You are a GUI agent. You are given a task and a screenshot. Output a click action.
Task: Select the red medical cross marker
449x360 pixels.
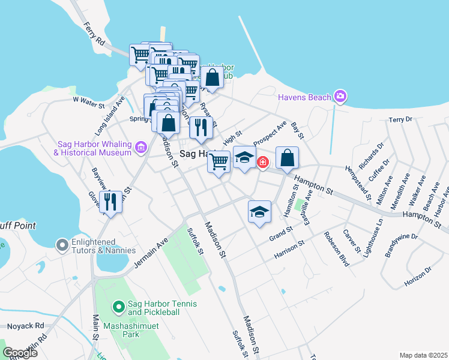[263, 163]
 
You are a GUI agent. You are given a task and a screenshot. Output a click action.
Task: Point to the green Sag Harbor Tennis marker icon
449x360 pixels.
[118, 307]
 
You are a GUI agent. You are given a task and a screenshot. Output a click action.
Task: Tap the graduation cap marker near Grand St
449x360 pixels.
[259, 211]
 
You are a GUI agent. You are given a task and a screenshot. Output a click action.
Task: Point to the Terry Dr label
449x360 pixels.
[401, 119]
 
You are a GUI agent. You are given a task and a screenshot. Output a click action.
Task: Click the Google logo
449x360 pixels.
[19, 352]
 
